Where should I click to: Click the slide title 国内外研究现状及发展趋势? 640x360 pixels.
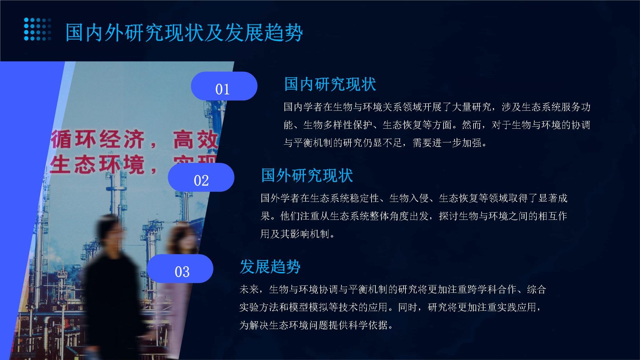pos(184,32)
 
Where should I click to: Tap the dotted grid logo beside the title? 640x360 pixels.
pos(37,29)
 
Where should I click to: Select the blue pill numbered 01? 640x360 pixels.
pos(224,86)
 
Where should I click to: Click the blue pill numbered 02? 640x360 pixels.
pos(201,177)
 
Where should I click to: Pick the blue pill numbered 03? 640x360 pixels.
pos(180,268)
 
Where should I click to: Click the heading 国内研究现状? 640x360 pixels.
pos(330,84)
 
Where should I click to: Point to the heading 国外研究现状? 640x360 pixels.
pos(307,175)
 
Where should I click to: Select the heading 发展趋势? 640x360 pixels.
pos(270,267)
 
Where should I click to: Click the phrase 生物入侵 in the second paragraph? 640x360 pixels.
pos(409,198)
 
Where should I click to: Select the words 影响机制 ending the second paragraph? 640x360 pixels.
pos(310,234)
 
